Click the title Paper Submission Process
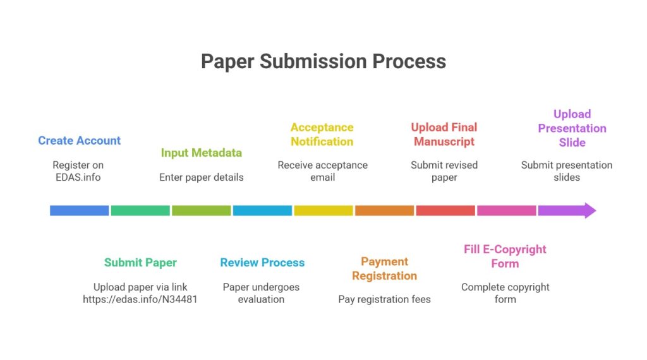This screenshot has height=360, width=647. [323, 61]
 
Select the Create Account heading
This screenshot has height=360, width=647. [79, 140]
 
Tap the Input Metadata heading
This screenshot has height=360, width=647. [201, 153]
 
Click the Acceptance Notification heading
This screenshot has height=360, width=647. [322, 135]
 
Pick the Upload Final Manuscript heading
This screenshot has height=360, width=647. [444, 135]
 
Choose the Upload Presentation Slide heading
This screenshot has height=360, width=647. [572, 128]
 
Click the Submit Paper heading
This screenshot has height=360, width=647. [140, 262]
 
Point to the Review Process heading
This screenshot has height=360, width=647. [262, 262]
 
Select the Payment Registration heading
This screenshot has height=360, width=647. [384, 268]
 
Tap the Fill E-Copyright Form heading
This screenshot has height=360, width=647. [505, 256]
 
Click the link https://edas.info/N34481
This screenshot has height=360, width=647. [140, 299]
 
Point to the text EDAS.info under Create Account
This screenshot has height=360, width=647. [78, 177]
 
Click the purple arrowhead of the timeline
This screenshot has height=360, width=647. [588, 210]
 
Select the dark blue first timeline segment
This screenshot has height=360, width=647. [79, 210]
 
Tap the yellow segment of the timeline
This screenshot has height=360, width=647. [323, 210]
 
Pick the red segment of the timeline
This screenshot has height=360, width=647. [445, 210]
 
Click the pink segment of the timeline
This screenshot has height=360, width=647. [506, 210]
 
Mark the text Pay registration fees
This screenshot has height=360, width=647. [384, 299]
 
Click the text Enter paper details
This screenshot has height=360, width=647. [201, 177]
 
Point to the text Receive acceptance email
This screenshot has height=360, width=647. [322, 171]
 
